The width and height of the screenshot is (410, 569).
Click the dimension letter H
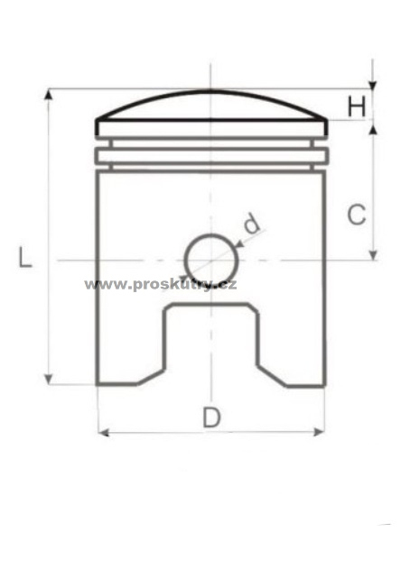[357, 107]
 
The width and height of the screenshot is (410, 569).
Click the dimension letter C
[357, 215]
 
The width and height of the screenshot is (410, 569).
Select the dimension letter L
[25, 257]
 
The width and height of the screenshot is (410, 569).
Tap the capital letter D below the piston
[211, 418]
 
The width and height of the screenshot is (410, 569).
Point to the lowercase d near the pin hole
[252, 223]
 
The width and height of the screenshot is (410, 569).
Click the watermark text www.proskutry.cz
[160, 285]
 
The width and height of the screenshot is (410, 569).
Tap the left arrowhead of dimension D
[104, 432]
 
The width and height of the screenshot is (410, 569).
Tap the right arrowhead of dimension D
[319, 432]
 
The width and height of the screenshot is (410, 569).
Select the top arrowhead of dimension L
[48, 94]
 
